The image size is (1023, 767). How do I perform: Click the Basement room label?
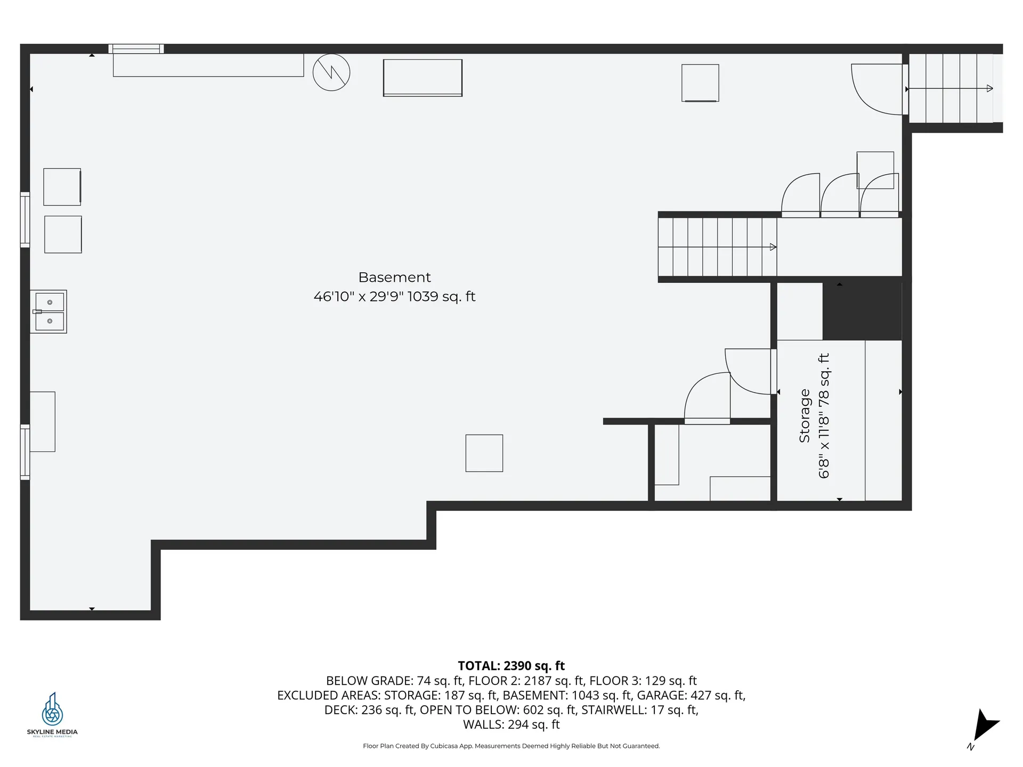tap(394, 278)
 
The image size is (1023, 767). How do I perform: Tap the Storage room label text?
tap(805, 416)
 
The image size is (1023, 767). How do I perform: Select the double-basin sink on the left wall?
tap(48, 312)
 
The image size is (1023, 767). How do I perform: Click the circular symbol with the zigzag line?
tap(331, 72)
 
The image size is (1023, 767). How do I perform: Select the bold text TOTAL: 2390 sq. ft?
tap(511, 666)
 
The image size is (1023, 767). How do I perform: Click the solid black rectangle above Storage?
tap(862, 311)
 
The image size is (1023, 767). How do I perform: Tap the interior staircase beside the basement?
tap(718, 247)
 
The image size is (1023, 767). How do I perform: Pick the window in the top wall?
tap(136, 49)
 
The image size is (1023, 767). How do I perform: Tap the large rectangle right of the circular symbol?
tap(423, 78)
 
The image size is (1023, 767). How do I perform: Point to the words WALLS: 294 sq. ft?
tap(511, 724)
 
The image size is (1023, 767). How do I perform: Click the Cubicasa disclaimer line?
tap(511, 746)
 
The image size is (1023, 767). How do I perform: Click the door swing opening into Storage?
tap(748, 372)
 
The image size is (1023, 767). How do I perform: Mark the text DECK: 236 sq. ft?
tap(370, 710)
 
